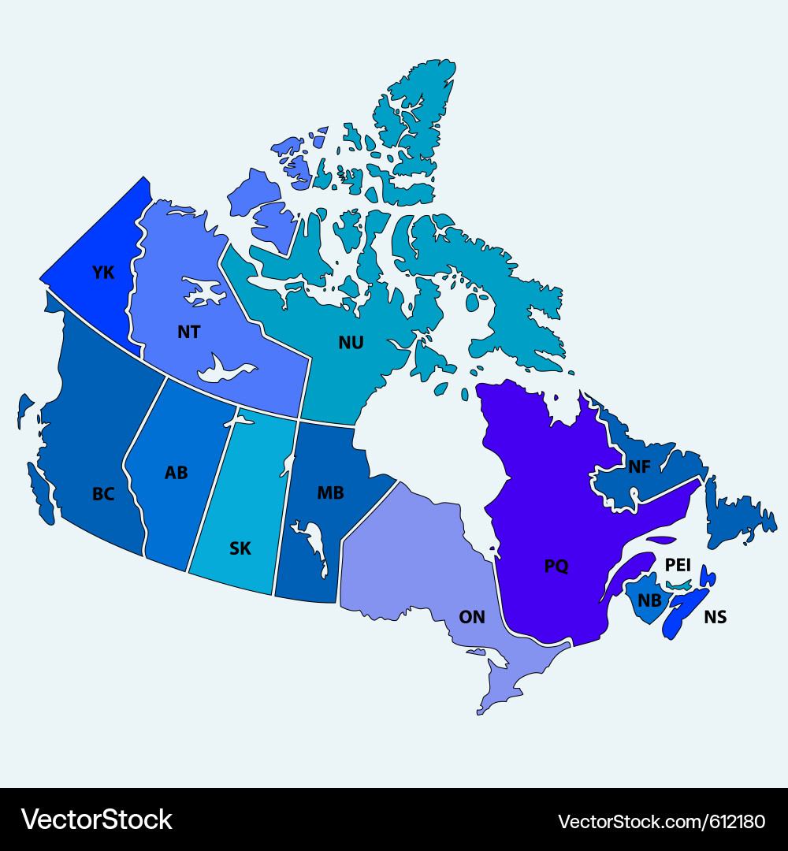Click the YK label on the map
(103, 273)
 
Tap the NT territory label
(188, 333)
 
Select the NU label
(351, 343)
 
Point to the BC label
(103, 495)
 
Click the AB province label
(176, 474)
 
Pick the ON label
(472, 617)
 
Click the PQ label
(556, 566)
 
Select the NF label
(639, 467)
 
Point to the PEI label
(678, 565)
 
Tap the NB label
(649, 600)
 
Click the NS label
(716, 617)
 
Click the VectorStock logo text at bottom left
(97, 819)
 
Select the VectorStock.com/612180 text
(661, 821)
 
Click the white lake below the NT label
(225, 369)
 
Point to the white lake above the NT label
(203, 292)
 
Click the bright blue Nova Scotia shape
(682, 611)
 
